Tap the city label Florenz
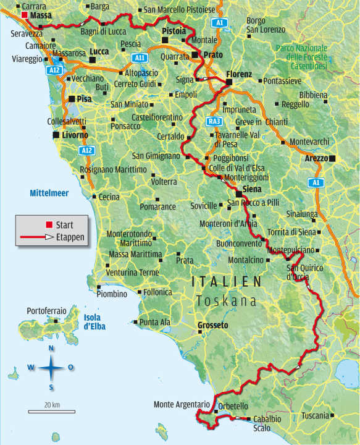click(x=240, y=74)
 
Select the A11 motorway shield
click(x=140, y=58)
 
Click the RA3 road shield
click(x=214, y=121)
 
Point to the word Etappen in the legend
click(x=70, y=236)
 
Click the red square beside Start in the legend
click(x=49, y=224)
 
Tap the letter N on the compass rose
click(x=51, y=348)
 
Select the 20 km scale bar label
click(x=51, y=404)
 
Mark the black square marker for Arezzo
click(x=333, y=159)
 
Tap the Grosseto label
click(x=212, y=325)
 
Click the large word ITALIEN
click(x=227, y=281)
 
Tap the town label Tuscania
click(x=316, y=415)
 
